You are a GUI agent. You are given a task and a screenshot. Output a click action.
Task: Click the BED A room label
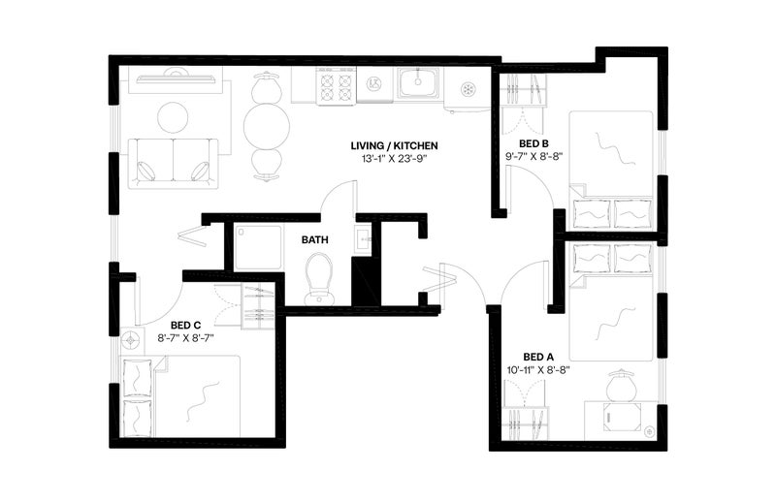(x=538, y=357)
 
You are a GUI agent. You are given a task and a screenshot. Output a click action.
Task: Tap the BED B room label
(x=533, y=144)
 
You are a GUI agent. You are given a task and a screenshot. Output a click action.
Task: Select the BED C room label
(x=185, y=325)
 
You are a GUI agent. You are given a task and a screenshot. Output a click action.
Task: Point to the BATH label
(x=314, y=240)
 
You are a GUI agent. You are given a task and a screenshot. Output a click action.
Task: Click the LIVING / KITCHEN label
(x=395, y=146)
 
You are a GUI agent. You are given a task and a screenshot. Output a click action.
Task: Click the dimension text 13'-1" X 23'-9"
(x=395, y=159)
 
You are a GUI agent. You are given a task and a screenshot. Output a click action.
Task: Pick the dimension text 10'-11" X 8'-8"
(x=538, y=369)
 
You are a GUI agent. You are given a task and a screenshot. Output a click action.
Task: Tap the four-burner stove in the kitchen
(x=337, y=86)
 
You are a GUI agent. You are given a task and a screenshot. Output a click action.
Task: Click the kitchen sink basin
(x=419, y=82)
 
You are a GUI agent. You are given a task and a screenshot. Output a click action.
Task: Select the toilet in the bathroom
(x=319, y=279)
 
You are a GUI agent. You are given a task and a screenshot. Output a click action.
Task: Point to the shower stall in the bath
(x=259, y=248)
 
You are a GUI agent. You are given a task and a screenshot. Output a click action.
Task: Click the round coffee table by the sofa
(x=174, y=117)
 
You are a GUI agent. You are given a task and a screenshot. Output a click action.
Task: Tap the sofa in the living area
(x=174, y=164)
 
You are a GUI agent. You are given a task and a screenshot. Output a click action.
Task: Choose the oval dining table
(x=266, y=127)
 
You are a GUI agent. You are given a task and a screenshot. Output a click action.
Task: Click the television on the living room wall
(x=176, y=78)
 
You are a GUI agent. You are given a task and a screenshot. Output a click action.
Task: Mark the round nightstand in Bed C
(x=132, y=340)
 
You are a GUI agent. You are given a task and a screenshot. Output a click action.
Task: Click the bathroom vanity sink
(x=365, y=241)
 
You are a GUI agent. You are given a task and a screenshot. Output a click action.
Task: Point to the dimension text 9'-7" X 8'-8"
(x=534, y=157)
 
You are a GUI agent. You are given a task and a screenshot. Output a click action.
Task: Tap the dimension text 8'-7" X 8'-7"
(x=185, y=338)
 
